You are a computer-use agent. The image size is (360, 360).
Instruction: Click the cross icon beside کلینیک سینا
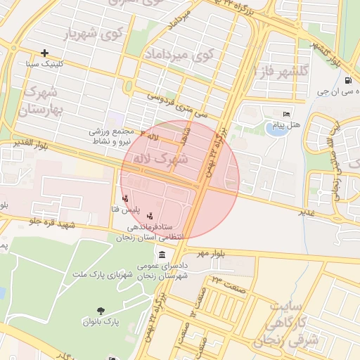coord(45,53)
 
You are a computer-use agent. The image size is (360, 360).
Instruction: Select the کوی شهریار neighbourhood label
coord(93,33)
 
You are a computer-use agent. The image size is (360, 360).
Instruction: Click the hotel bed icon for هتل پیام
coord(285,115)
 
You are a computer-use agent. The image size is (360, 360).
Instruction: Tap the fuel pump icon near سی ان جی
coord(349,80)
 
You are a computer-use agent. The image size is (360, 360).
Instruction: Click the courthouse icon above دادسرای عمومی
coord(162,255)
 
